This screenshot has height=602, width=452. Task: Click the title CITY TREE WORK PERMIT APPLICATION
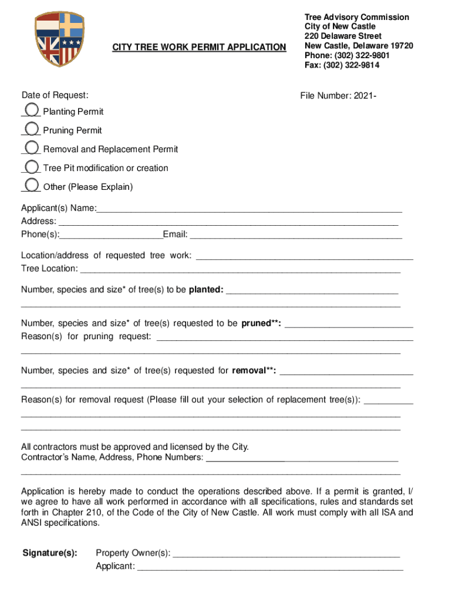[x=199, y=46]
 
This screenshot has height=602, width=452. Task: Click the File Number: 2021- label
[x=338, y=95]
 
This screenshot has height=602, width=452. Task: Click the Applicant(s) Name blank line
[x=249, y=208]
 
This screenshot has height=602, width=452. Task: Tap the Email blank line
[x=296, y=235]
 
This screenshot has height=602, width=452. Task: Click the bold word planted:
[x=205, y=290]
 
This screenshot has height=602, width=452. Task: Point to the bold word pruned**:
[x=261, y=323]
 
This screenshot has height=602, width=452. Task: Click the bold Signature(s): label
[x=49, y=553]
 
